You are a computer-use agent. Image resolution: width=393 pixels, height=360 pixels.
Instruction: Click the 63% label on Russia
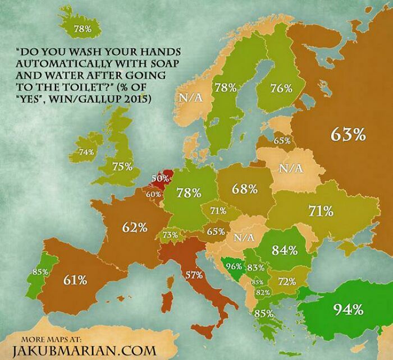pyautogui.click(x=348, y=134)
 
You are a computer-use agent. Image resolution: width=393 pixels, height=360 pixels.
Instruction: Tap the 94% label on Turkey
pyautogui.click(x=349, y=308)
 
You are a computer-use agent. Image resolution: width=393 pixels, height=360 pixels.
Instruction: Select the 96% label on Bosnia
pyautogui.click(x=233, y=266)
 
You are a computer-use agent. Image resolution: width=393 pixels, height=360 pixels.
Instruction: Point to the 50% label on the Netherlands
pyautogui.click(x=160, y=178)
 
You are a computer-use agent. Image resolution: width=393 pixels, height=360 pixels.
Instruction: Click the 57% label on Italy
pyautogui.click(x=194, y=275)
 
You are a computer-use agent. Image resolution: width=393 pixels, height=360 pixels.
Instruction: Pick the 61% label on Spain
pyautogui.click(x=75, y=279)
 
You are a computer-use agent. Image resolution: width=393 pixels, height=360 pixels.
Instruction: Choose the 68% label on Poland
pyautogui.click(x=245, y=188)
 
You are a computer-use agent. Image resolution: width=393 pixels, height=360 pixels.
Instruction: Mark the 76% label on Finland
pyautogui.click(x=281, y=88)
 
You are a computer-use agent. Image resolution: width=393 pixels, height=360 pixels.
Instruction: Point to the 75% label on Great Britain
pyautogui.click(x=122, y=167)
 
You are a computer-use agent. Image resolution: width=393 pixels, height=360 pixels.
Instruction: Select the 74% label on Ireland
pyautogui.click(x=86, y=152)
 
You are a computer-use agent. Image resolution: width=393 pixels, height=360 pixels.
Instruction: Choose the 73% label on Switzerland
pyautogui.click(x=171, y=234)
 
